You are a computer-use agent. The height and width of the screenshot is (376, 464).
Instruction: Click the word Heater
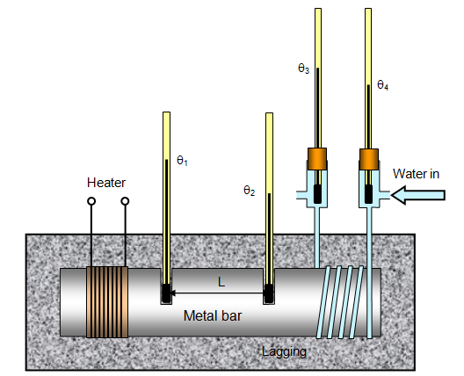(x=106, y=183)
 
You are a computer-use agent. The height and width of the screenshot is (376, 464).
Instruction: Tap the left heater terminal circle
(x=91, y=201)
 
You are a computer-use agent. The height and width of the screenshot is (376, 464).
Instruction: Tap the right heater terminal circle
(x=125, y=201)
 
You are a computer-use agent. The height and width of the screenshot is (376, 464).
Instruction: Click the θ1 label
(x=182, y=161)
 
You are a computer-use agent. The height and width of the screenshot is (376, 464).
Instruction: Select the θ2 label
(x=250, y=191)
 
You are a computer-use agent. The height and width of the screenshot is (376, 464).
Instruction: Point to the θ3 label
(x=303, y=69)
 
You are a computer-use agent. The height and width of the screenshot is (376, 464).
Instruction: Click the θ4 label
(x=382, y=85)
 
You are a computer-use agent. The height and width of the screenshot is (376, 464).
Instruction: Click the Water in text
(x=416, y=174)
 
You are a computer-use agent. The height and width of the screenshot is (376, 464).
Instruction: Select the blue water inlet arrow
(x=417, y=195)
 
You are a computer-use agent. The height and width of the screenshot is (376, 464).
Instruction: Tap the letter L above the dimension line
(x=221, y=282)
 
